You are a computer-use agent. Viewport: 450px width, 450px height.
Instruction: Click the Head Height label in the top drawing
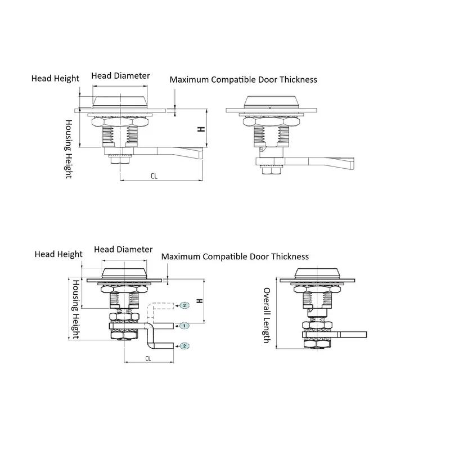pos(55,78)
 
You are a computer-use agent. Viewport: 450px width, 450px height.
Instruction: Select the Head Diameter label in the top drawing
pos(120,76)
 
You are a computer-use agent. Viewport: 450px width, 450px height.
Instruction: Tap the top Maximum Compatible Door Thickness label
pos(244,79)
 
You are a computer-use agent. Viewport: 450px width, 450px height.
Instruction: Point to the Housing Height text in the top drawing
pos(69,149)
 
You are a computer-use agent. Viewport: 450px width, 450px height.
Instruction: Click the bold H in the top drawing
pos(201,129)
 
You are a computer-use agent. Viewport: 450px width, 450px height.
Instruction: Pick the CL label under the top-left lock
pos(154,176)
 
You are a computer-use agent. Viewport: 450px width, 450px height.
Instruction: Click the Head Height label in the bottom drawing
pos(58,254)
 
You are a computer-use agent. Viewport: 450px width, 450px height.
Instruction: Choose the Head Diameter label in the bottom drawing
pos(123,249)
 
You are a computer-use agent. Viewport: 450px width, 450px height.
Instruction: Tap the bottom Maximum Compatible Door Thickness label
pos(235,256)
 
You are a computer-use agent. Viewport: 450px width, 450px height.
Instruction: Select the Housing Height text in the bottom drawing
pos(75,309)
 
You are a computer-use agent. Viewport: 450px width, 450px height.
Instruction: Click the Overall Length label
pos(267,316)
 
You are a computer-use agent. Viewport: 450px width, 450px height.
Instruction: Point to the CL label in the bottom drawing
pos(148,358)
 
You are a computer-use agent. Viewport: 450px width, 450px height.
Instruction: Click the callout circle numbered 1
pos(184,326)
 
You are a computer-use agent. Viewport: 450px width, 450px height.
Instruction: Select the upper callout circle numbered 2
pos(184,305)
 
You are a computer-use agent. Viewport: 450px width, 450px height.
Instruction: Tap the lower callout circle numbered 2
pos(184,346)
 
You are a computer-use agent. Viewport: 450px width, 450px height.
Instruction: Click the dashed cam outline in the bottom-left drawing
pos(160,310)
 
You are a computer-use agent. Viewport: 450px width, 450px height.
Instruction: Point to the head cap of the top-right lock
pos(270,102)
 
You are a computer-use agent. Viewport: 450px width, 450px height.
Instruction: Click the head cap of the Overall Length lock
pos(317,273)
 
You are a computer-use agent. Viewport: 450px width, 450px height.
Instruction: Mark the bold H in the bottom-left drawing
pos(200,301)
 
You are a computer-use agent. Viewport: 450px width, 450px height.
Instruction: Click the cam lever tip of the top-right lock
pos(352,164)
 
